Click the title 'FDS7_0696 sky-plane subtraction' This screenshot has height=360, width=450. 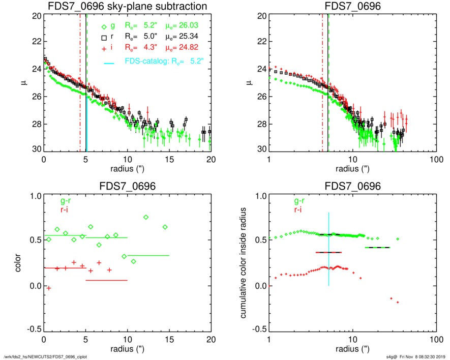[x=128, y=7]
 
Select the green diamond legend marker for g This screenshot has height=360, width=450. [x=104, y=27]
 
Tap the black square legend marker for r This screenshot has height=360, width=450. [x=104, y=38]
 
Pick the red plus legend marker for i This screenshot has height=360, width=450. [x=104, y=48]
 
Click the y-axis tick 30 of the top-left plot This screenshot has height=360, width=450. [x=36, y=151]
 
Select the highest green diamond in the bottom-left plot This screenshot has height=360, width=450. [x=146, y=217]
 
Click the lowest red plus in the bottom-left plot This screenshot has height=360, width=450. [x=49, y=288]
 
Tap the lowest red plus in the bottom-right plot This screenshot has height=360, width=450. [x=398, y=303]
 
